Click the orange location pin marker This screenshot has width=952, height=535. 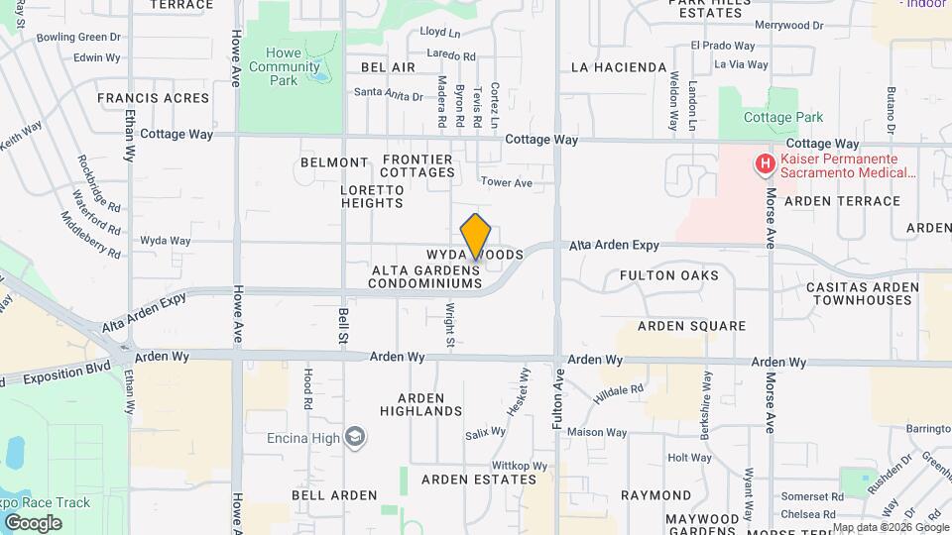pyautogui.click(x=476, y=236)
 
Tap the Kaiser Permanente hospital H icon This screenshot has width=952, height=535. pyautogui.click(x=765, y=163)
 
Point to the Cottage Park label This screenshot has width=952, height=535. pyautogui.click(x=783, y=117)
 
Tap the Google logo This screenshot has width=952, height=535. pyautogui.click(x=33, y=522)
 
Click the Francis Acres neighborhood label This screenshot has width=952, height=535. pyautogui.click(x=153, y=98)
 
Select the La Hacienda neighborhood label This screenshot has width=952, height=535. pyautogui.click(x=619, y=67)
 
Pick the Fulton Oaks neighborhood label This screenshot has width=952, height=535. pyautogui.click(x=668, y=275)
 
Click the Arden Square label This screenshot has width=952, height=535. pyautogui.click(x=691, y=325)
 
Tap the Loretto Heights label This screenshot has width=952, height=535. pyautogui.click(x=372, y=196)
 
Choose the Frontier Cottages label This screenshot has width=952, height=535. pyautogui.click(x=417, y=165)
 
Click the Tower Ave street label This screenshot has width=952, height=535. pyautogui.click(x=506, y=182)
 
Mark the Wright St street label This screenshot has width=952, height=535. pyautogui.click(x=449, y=326)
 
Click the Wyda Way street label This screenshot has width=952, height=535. pyautogui.click(x=165, y=241)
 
